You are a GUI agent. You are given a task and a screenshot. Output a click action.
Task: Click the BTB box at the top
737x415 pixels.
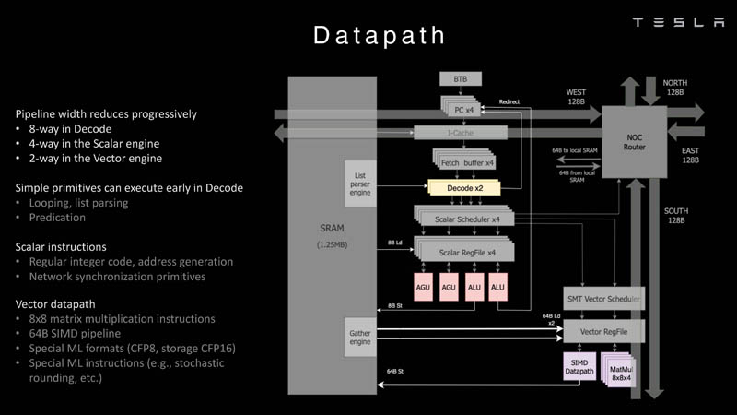(461, 79)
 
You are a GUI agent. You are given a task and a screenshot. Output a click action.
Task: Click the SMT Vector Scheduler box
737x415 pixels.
(602, 299)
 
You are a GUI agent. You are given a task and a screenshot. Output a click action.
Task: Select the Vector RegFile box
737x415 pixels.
(602, 329)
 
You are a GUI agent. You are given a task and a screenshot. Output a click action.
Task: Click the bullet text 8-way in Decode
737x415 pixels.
(69, 129)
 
